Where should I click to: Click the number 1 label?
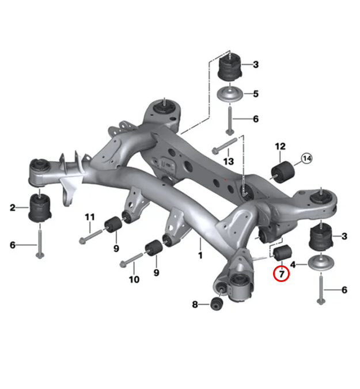pyautogui.click(x=200, y=255)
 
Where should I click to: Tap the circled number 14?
pyautogui.click(x=306, y=158)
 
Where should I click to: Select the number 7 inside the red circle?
pyautogui.click(x=281, y=274)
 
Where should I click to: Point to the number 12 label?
pyautogui.click(x=281, y=146)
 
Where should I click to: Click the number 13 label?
pyautogui.click(x=229, y=162)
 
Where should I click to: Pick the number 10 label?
pyautogui.click(x=134, y=280)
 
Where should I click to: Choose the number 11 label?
pyautogui.click(x=90, y=217)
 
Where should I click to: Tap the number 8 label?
pyautogui.click(x=195, y=304)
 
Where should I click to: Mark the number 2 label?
pyautogui.click(x=13, y=207)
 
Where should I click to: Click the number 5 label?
pyautogui.click(x=256, y=94)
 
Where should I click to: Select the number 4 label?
pyautogui.click(x=293, y=265)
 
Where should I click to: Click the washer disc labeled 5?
pyautogui.click(x=230, y=94)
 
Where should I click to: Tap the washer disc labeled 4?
pyautogui.click(x=321, y=262)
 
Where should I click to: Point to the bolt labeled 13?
pyautogui.click(x=225, y=146)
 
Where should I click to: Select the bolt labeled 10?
pyautogui.click(x=132, y=260)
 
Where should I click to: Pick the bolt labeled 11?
pyautogui.click(x=90, y=235)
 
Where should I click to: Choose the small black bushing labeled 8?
pyautogui.click(x=217, y=304)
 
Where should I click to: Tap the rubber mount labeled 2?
pyautogui.click(x=40, y=208)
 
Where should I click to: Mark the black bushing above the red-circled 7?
pyautogui.click(x=282, y=253)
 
